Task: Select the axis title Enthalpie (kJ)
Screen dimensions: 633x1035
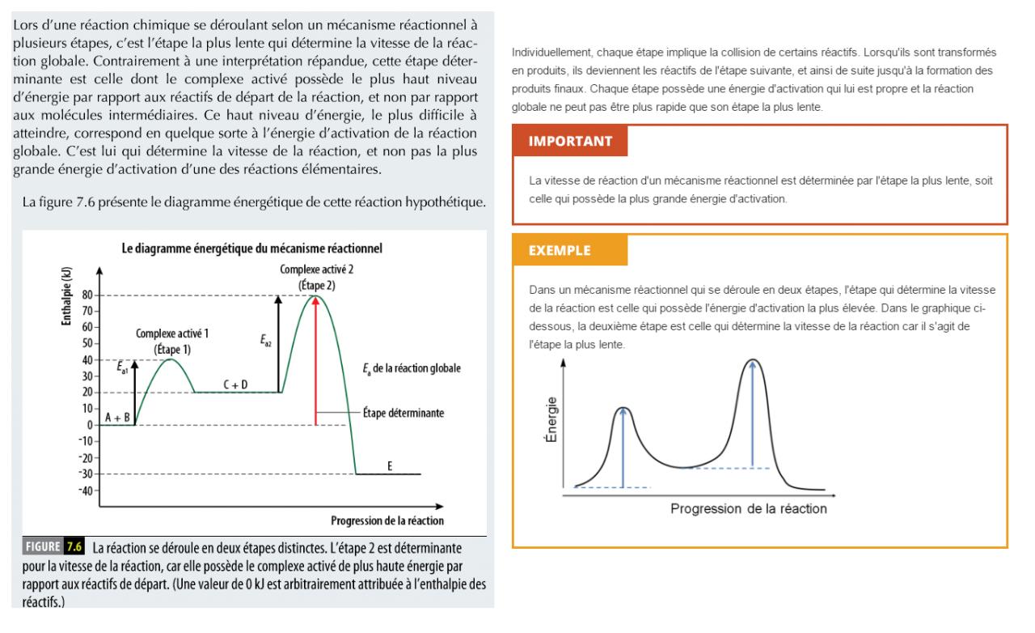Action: (65, 293)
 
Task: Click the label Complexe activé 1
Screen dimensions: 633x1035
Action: (173, 333)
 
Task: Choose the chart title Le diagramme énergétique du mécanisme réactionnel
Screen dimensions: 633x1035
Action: (251, 249)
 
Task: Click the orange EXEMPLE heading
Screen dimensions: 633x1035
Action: (560, 250)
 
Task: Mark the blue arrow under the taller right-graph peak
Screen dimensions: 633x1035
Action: (753, 413)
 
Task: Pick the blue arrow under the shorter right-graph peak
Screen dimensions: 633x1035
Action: (623, 447)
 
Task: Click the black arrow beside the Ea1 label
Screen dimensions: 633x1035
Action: (135, 392)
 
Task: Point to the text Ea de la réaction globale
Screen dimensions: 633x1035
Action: (411, 369)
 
